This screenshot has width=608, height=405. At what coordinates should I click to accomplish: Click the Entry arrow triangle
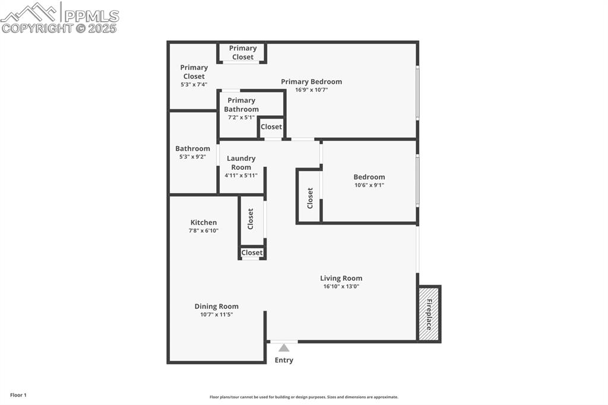click(x=284, y=348)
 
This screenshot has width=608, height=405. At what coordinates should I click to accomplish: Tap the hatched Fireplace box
click(x=429, y=314)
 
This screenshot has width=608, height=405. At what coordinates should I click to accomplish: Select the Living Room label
click(x=341, y=278)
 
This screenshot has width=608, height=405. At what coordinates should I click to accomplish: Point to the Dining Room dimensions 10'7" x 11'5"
click(x=216, y=315)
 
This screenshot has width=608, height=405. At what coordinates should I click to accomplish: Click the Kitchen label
click(x=204, y=222)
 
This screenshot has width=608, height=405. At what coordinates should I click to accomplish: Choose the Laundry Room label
click(x=241, y=163)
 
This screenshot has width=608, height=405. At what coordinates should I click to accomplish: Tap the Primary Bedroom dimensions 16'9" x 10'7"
click(x=312, y=90)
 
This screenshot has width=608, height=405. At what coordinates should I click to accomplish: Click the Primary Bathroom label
click(x=241, y=105)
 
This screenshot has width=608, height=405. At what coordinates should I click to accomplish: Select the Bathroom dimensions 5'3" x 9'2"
click(x=193, y=157)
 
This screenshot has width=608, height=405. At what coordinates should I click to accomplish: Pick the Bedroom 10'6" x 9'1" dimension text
click(x=369, y=185)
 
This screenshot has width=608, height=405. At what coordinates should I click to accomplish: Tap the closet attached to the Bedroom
click(x=309, y=197)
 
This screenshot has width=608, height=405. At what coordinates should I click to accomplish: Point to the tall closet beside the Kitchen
click(x=251, y=219)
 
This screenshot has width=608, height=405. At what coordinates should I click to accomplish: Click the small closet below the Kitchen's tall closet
click(x=252, y=253)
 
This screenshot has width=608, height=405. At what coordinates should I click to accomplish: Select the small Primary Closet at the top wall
click(x=243, y=52)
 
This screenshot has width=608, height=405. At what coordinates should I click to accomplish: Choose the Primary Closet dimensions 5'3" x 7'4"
click(x=194, y=84)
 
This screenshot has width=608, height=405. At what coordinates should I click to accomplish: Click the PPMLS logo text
click(x=91, y=16)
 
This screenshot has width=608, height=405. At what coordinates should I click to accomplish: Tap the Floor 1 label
click(x=18, y=395)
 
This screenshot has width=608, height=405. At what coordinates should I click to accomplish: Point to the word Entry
click(x=284, y=360)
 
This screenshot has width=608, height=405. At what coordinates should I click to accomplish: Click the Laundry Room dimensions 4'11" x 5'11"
click(x=241, y=175)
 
